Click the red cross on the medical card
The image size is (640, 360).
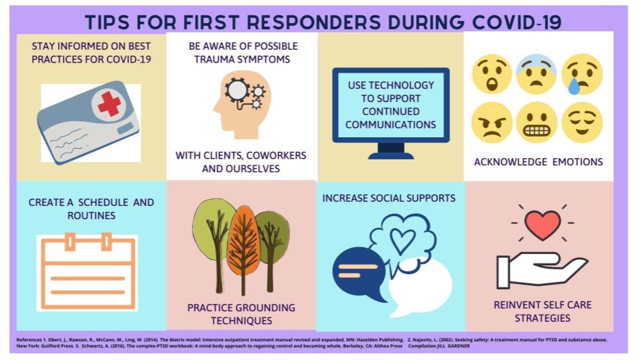pos(109,104)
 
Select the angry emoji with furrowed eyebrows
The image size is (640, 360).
pos(492,122)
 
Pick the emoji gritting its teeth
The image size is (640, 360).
pos(537,122)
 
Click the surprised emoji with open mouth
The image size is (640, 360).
pos(492,74)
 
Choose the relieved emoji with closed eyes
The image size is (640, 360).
pos(581,122)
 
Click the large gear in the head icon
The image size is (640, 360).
pos(236,90)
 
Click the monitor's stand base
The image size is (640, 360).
pos(391,155)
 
